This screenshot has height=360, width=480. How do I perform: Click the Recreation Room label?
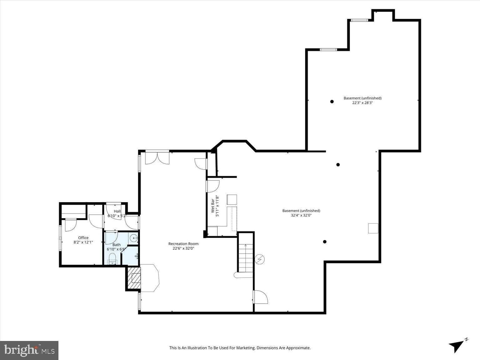(x=183, y=244)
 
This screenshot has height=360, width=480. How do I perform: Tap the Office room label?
(x=83, y=238)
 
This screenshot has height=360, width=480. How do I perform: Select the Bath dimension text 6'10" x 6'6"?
(x=116, y=249)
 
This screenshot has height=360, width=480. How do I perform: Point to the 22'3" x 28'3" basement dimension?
(x=362, y=102)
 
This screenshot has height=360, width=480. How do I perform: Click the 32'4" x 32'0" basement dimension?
(x=301, y=215)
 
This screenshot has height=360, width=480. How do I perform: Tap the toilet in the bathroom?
(x=112, y=258)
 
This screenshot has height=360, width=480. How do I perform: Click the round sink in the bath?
(x=133, y=238)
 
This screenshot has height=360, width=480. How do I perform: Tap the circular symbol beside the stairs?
(x=260, y=259)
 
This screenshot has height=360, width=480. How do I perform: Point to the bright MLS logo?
(x=29, y=350)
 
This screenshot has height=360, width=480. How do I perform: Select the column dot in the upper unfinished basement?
(x=332, y=102)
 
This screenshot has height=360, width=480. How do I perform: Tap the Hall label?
(x=117, y=211)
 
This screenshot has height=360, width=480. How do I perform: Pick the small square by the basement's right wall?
(x=373, y=228)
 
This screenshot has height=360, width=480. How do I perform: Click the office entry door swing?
(x=71, y=225)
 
